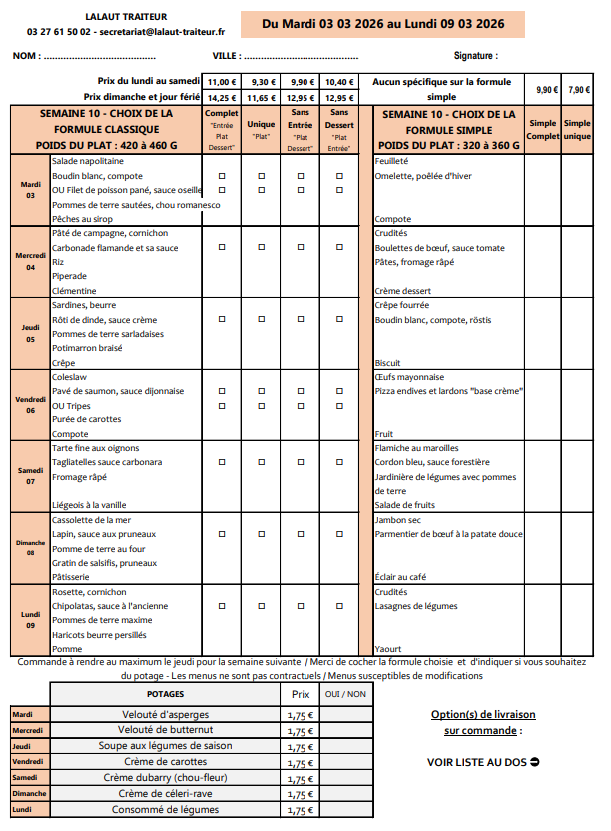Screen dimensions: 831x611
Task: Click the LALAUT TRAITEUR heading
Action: [x=126, y=17]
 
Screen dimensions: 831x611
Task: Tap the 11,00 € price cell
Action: [x=222, y=83]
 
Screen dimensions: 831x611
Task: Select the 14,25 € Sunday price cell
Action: [x=222, y=98]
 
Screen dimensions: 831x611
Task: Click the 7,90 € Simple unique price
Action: [x=578, y=90]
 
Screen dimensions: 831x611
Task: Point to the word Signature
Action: [x=475, y=56]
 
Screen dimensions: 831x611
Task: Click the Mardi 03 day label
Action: [x=30, y=190]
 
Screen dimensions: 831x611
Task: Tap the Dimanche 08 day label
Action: [x=30, y=548]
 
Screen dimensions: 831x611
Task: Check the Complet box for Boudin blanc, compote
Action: [x=222, y=175]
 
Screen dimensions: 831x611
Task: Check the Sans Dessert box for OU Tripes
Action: [x=339, y=406]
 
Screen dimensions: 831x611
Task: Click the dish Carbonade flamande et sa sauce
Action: [x=115, y=247]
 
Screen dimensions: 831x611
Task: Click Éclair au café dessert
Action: [x=401, y=577]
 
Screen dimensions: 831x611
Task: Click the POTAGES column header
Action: [x=165, y=693]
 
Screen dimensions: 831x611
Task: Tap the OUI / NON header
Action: [x=345, y=693]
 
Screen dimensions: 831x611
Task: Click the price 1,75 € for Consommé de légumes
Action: [x=301, y=810]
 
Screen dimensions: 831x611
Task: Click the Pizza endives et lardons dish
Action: [x=448, y=391]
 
